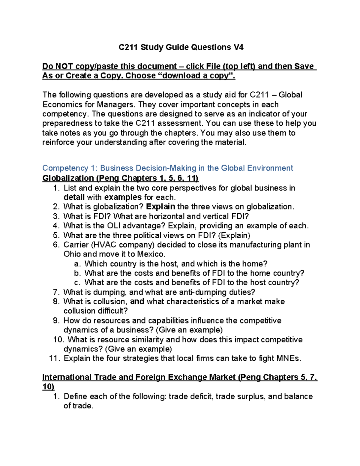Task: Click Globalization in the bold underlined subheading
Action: (x=68, y=178)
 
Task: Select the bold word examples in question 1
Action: (x=123, y=197)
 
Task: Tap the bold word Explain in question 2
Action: (x=160, y=207)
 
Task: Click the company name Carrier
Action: (x=76, y=245)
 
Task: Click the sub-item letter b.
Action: (x=77, y=273)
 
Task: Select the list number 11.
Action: (x=54, y=358)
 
